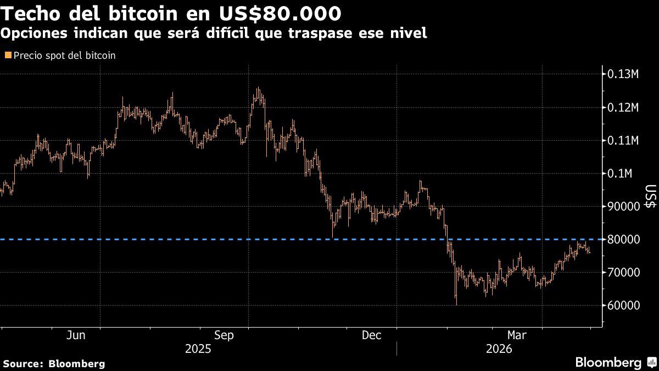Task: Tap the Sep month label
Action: coord(225,335)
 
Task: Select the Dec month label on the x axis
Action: coord(372,335)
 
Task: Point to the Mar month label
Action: coord(517,335)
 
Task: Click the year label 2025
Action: coord(198,349)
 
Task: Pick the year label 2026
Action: coord(499,349)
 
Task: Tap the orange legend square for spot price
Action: coord(8,56)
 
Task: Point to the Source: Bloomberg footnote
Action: coord(54,363)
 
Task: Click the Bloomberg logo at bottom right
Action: coord(615,363)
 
